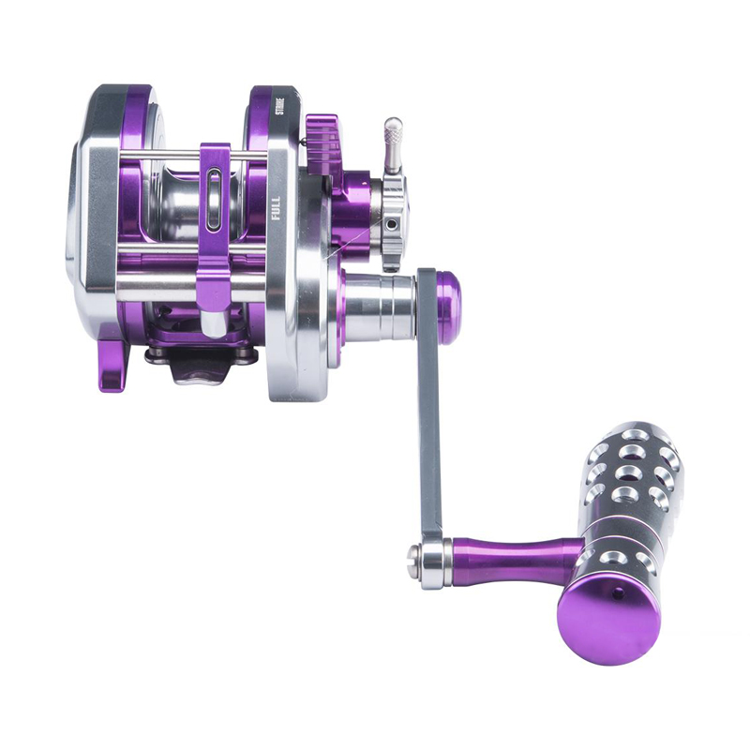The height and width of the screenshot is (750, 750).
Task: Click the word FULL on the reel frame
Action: (275, 208)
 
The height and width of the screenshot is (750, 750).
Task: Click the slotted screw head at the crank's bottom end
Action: (413, 557)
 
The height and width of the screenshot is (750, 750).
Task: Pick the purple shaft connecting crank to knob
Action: (517, 556)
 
